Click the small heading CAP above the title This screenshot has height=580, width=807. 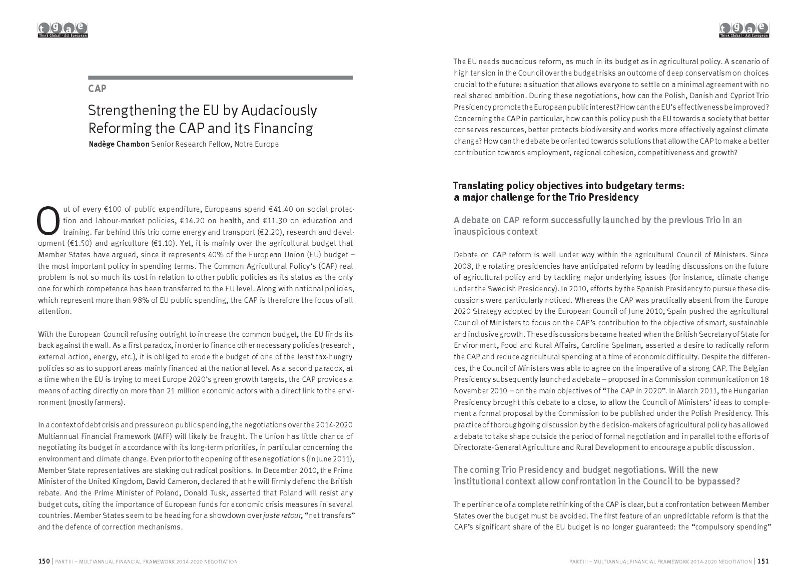(x=97, y=89)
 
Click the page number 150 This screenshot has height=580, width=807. (x=44, y=561)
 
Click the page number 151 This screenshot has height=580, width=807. (x=763, y=561)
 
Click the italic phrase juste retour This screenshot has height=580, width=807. (x=281, y=516)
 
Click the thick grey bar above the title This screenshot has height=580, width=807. (x=221, y=78)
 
